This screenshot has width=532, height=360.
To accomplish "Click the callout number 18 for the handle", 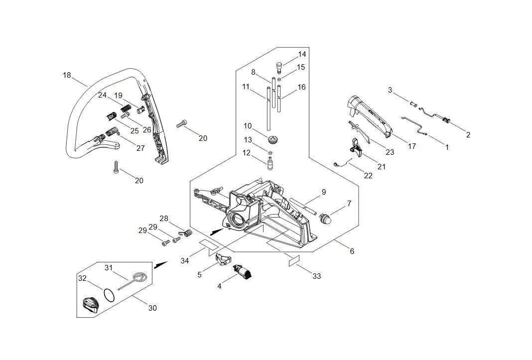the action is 67,75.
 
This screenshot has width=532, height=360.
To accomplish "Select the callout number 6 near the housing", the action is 352,251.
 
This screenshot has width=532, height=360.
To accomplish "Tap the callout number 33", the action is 316,276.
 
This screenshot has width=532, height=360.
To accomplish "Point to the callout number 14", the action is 302,54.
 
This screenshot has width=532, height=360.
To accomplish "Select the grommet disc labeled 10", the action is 271,139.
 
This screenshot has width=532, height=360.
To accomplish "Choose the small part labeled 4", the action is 242,272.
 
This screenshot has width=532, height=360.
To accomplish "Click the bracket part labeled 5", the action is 223,259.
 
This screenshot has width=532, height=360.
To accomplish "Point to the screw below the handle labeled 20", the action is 116,167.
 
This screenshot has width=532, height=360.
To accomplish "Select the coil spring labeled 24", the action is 126,109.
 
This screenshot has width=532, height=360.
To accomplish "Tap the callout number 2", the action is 468,135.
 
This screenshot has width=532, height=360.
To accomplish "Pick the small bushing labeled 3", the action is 413,104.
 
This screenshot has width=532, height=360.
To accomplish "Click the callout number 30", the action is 153,308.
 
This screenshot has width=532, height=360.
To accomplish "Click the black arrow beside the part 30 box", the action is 161,265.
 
